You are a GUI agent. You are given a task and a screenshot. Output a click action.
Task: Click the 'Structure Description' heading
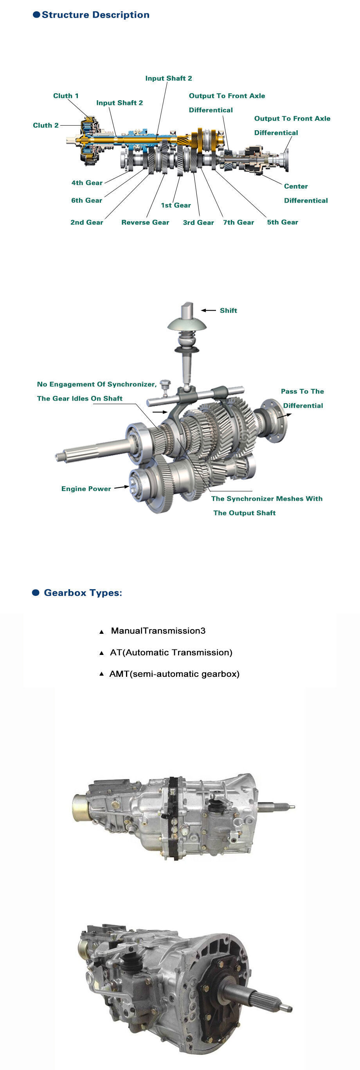tap(95, 15)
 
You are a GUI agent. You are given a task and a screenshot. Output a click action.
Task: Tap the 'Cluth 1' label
tap(66, 96)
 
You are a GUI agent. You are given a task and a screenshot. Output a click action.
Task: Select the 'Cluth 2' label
tap(46, 126)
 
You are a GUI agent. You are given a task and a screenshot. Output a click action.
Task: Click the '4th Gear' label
tap(87, 183)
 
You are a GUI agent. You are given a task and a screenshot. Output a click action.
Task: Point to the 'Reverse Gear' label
tap(145, 222)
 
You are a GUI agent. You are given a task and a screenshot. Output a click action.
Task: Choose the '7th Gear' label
tap(238, 222)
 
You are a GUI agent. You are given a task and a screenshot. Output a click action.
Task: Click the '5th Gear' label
tap(283, 222)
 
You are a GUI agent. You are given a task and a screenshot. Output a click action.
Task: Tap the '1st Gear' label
tap(176, 205)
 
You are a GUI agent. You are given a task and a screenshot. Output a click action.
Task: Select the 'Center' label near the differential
tap(296, 186)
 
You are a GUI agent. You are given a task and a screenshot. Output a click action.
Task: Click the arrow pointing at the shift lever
tap(209, 310)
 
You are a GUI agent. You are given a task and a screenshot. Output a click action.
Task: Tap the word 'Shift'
tap(229, 310)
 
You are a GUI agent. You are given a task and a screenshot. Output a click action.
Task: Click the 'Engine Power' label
tap(86, 489)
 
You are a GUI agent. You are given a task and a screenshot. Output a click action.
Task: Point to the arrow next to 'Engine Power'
tap(121, 487)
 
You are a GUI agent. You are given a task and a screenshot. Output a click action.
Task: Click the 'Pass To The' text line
tap(302, 391)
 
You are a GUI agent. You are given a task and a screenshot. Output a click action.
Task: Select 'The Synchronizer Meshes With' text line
tap(266, 498)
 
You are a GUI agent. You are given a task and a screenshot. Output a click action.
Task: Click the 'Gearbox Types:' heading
tap(83, 593)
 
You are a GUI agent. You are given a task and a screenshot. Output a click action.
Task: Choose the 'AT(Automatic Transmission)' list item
tap(171, 653)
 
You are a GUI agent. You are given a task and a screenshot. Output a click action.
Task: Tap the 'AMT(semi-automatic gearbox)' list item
tap(174, 674)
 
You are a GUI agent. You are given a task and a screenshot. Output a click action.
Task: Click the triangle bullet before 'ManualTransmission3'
tap(101, 632)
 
